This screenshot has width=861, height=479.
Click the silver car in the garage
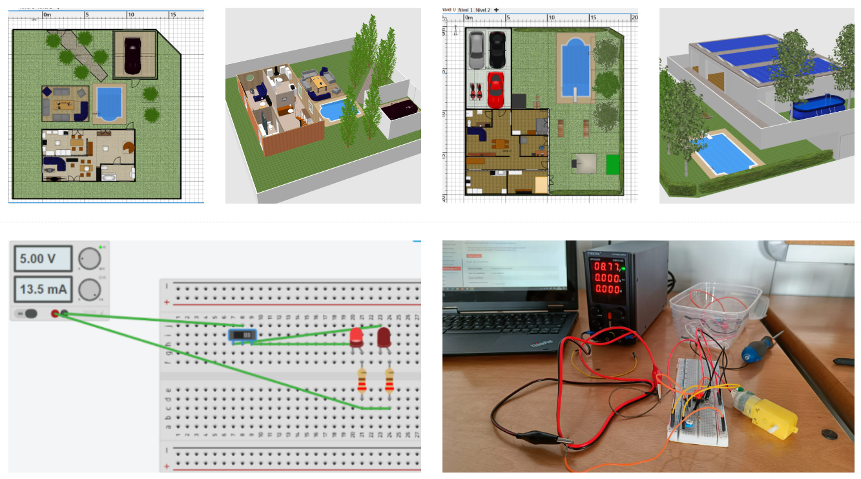[476, 49]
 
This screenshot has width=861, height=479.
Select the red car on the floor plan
[495, 89]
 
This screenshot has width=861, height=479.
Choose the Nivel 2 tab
[482, 10]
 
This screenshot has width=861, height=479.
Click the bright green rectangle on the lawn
[612, 164]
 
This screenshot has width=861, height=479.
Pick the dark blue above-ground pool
[814, 107]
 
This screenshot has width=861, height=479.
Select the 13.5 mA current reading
[42, 289]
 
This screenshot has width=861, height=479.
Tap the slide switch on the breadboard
[243, 335]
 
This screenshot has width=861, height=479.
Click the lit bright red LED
[356, 337]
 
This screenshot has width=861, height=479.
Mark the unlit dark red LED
[384, 337]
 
